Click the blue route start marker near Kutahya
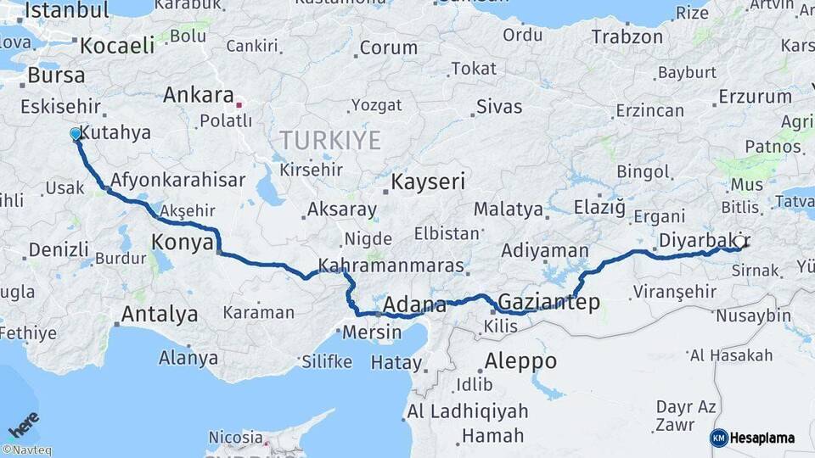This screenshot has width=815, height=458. click(76, 134)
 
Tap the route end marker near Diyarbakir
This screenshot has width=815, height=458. click(739, 242)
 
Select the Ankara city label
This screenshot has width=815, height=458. click(199, 94)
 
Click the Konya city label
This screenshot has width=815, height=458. click(182, 243)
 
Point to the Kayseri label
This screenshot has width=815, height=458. click(428, 182)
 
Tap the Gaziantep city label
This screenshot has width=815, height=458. click(549, 302)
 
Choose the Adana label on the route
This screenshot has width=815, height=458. click(414, 305)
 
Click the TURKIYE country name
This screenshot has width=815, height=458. click(330, 140)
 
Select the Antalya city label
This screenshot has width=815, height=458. click(160, 315)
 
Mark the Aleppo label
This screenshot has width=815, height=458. click(520, 361)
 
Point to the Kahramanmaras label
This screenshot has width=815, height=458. click(391, 265)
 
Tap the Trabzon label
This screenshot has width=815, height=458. click(627, 37)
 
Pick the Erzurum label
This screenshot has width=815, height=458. click(755, 97)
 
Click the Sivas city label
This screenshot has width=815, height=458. click(498, 107)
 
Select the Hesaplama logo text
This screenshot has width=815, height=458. click(762, 438)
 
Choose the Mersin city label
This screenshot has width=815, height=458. click(373, 332)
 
